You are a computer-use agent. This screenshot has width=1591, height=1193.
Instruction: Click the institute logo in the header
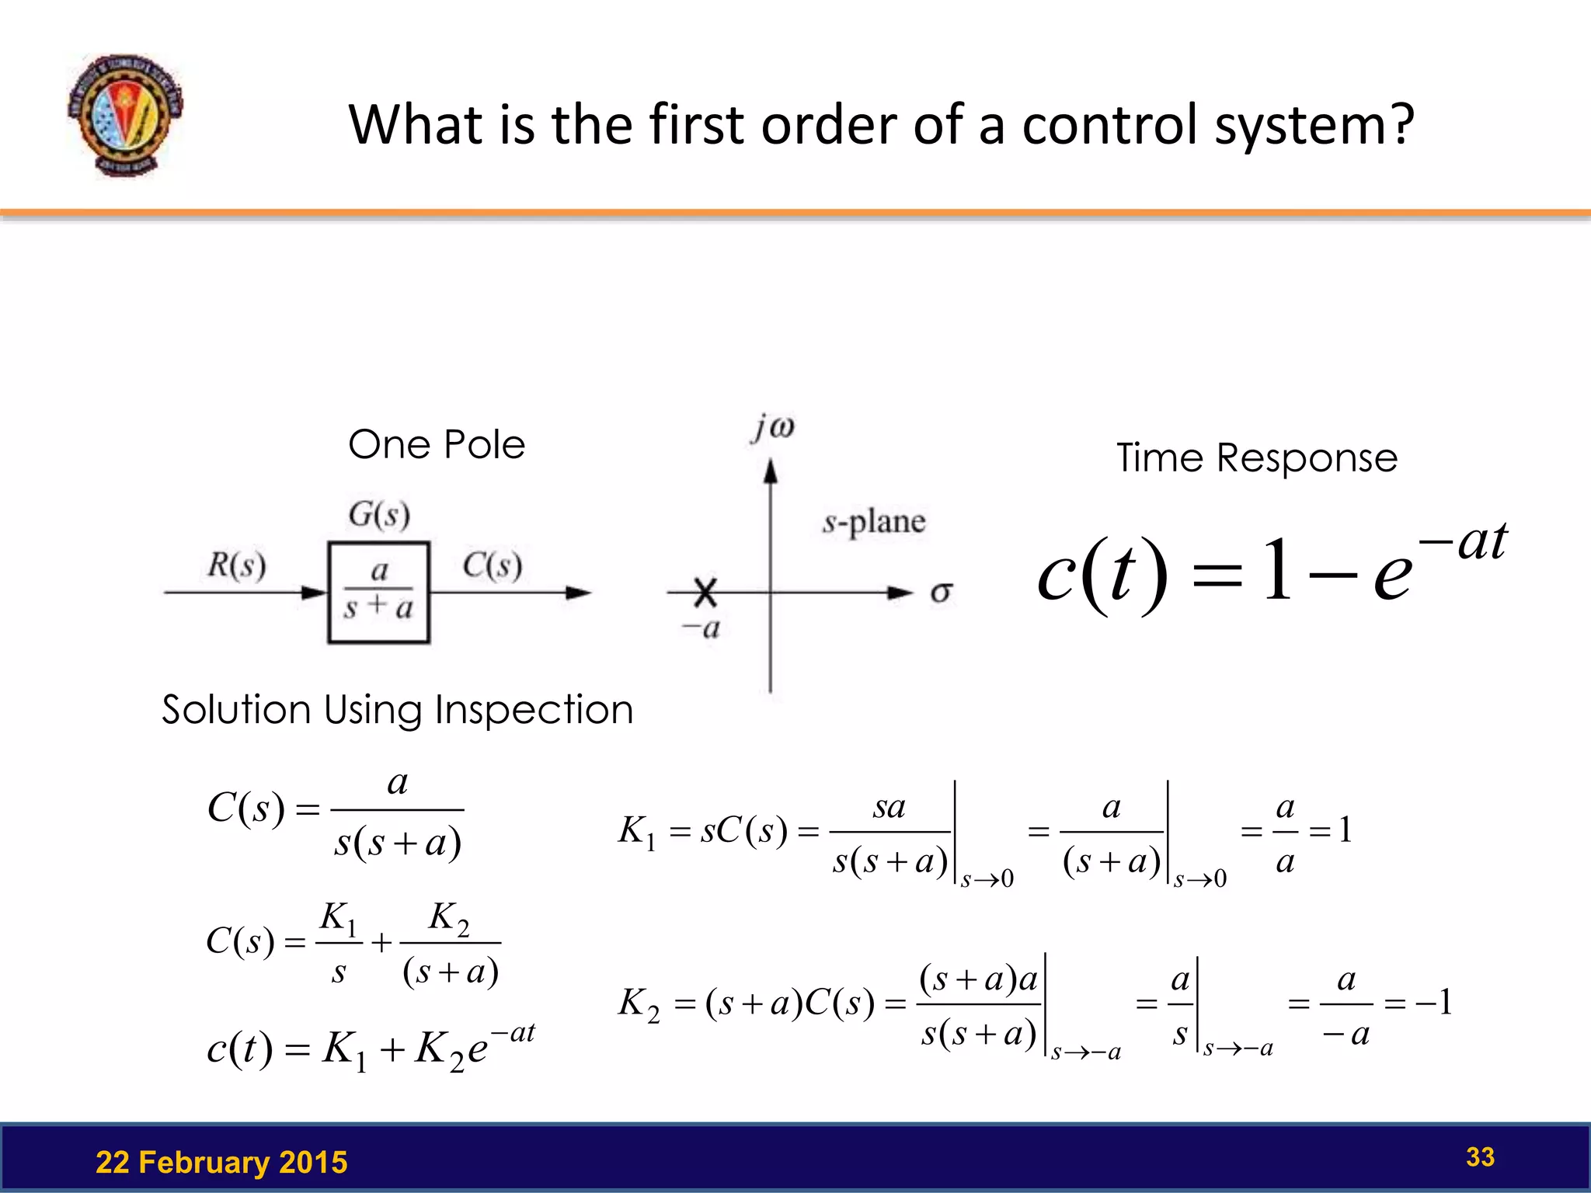tap(125, 115)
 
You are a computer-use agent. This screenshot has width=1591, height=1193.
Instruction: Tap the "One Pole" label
tap(437, 445)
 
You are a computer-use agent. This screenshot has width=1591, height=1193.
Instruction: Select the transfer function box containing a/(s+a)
tap(379, 592)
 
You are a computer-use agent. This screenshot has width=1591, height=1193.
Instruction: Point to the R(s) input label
tap(236, 565)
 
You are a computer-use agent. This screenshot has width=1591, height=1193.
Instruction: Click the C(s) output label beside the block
tap(492, 565)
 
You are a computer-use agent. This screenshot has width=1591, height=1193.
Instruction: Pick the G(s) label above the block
tap(379, 514)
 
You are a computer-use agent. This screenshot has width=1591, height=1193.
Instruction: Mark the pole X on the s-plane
tap(705, 592)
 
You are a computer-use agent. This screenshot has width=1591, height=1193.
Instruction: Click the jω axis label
tap(773, 428)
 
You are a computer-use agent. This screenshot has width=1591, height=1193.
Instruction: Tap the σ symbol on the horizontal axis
tap(941, 593)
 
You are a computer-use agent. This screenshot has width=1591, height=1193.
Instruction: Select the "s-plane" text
tap(874, 522)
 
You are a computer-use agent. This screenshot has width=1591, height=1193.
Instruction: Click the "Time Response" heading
tap(1257, 457)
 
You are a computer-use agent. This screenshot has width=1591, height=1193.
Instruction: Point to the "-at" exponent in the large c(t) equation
tap(1464, 541)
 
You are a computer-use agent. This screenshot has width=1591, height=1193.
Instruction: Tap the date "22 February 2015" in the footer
tap(221, 1162)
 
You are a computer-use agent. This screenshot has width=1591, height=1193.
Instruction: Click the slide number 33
tap(1480, 1156)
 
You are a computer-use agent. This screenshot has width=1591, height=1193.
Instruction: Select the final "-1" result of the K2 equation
tap(1434, 1003)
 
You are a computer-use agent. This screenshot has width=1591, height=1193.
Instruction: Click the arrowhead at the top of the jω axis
tap(771, 471)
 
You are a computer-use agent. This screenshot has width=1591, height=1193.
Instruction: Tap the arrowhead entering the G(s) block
tap(315, 593)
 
